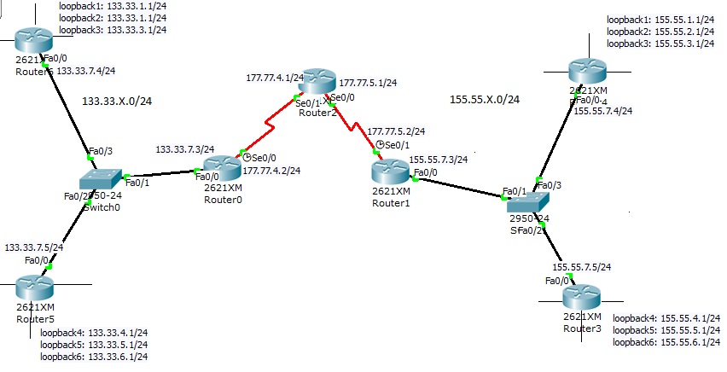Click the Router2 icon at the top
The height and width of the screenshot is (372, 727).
[317, 82]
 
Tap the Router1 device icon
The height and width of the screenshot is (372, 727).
[393, 171]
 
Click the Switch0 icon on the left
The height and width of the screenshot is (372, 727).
[102, 181]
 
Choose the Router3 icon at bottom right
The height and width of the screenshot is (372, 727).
[584, 297]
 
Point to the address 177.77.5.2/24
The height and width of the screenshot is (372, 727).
[396, 131]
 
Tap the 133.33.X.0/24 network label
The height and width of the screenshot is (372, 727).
[117, 101]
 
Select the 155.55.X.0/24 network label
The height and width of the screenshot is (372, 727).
[484, 100]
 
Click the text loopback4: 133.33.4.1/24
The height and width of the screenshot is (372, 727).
[94, 333]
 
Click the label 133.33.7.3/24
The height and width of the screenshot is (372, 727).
[184, 148]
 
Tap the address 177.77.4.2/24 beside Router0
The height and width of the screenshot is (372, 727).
[271, 171]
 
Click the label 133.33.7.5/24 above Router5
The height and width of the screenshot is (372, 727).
[34, 247]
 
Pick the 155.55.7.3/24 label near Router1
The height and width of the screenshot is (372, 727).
[439, 159]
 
